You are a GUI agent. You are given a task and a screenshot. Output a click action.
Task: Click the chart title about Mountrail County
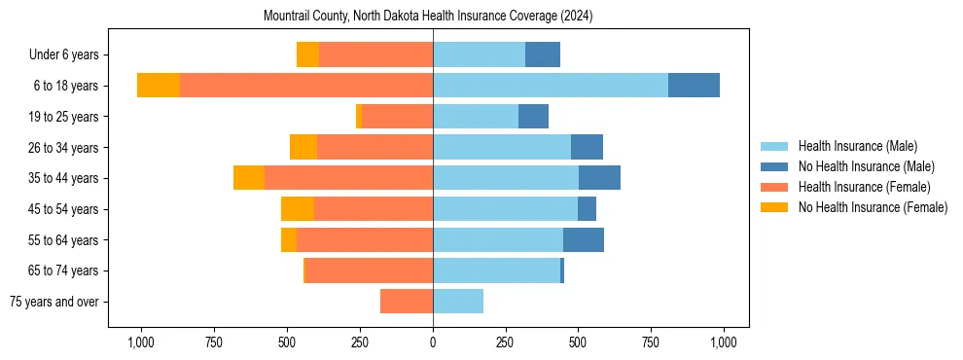click(x=428, y=17)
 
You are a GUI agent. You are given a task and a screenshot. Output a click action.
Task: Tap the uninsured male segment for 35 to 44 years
click(x=599, y=178)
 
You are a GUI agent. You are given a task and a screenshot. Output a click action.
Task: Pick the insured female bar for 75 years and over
click(x=407, y=302)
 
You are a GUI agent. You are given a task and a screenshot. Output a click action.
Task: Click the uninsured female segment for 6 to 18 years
click(x=159, y=86)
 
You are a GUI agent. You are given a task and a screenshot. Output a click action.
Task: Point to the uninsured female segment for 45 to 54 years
click(x=298, y=209)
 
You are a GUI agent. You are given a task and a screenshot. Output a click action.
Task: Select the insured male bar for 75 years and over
click(x=458, y=302)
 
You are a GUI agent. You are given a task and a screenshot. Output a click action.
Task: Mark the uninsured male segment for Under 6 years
click(x=543, y=54)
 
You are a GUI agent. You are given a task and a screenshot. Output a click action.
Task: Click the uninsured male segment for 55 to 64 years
click(x=584, y=240)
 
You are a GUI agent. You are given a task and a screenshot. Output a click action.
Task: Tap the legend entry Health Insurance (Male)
click(x=857, y=146)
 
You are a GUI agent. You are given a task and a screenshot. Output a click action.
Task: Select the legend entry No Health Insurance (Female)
click(x=873, y=207)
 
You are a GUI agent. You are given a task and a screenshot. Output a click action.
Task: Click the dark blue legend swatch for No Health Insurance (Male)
click(x=774, y=166)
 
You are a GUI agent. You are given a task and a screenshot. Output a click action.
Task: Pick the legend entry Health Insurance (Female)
click(x=864, y=187)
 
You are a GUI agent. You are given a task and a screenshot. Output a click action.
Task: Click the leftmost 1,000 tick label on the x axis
click(x=141, y=342)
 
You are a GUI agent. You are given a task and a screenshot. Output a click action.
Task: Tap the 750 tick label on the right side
click(x=651, y=342)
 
